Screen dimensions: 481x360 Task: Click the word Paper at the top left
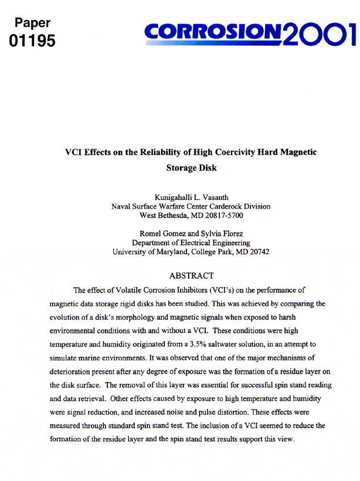tap(32, 23)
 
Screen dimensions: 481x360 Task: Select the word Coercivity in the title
tap(230, 152)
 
